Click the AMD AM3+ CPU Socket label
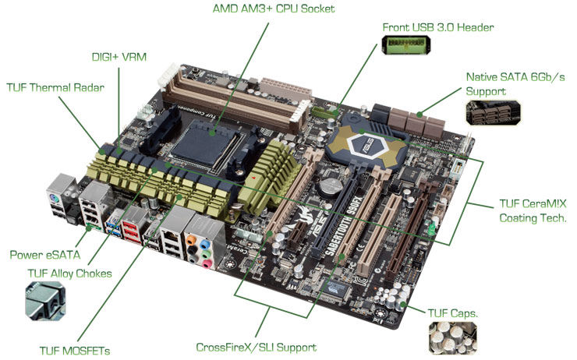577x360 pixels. point(274,9)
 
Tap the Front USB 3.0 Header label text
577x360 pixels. point(438,27)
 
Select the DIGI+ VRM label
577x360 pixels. point(119,57)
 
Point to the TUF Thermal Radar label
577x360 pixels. point(55,87)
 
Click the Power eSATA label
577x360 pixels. point(45,255)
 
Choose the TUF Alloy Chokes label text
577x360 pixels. point(69,274)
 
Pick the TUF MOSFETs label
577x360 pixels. point(75,351)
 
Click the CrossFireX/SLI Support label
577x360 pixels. point(256,348)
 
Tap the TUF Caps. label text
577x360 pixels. point(452,313)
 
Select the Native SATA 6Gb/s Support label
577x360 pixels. point(515,84)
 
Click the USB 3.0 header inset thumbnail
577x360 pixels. point(406,45)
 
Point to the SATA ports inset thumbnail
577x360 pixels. point(493,113)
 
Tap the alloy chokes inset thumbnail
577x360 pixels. point(46,301)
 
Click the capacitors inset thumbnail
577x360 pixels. point(452,338)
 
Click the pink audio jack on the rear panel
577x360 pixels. point(207,263)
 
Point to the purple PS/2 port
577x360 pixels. point(55,199)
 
